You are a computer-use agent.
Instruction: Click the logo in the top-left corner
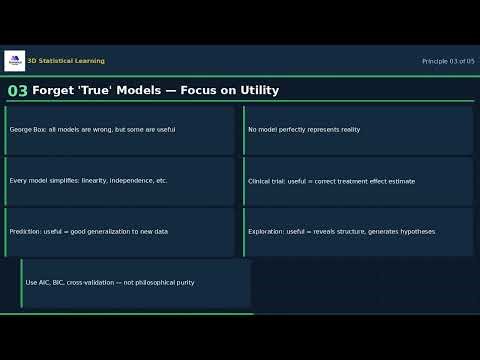14,61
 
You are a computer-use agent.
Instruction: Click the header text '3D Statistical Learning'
66,61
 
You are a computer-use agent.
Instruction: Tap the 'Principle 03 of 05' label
448,61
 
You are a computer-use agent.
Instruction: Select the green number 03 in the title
17,91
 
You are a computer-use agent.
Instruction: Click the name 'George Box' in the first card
27,130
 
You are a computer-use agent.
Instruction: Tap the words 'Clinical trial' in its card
266,181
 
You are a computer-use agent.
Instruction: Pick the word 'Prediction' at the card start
25,232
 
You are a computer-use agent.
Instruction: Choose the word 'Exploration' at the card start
265,232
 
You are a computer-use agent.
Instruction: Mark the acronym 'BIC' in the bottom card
56,283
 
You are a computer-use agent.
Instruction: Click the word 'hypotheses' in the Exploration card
415,232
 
